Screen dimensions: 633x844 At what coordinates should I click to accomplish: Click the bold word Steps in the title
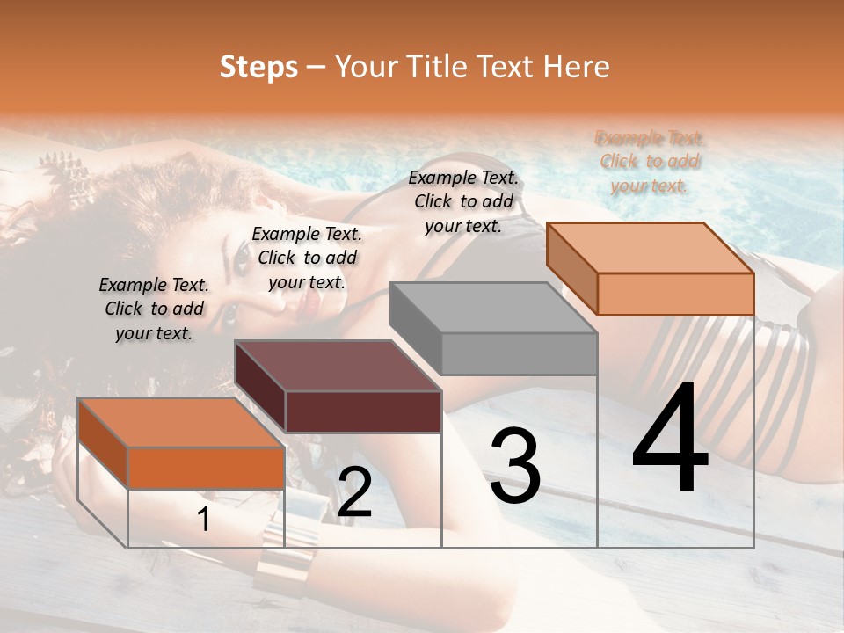(258, 68)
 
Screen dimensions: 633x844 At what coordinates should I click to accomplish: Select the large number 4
(670, 440)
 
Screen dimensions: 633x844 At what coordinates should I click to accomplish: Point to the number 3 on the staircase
(515, 465)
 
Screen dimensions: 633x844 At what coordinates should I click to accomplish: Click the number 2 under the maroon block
(354, 493)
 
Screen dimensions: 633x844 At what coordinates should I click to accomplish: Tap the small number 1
(204, 520)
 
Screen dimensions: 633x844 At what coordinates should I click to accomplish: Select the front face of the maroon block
(363, 411)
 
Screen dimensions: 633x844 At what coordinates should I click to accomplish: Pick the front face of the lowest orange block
(206, 468)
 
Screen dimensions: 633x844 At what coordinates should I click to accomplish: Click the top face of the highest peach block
(651, 247)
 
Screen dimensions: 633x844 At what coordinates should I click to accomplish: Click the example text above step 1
(154, 309)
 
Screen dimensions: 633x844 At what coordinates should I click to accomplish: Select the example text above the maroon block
(307, 258)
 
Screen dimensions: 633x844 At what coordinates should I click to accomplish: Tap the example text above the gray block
(463, 201)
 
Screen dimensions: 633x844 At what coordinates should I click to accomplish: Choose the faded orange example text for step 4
(650, 161)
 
